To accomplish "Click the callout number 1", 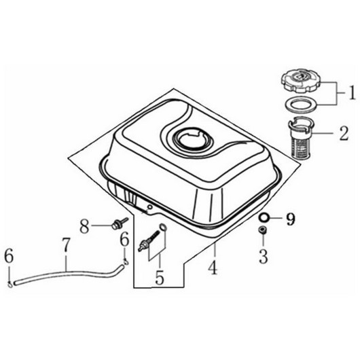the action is tap(353, 92).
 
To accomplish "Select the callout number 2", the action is tap(344, 133).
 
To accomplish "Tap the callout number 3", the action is tap(264, 256).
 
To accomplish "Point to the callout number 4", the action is tap(213, 267).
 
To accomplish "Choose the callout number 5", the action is tap(160, 277).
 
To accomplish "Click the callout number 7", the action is tap(66, 245).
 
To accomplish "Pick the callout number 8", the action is tap(84, 226).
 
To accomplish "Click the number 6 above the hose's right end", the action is tap(125, 240).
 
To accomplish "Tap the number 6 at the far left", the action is tap(9, 256).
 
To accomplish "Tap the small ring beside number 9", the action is tap(264, 217).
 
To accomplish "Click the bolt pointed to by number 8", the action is tap(119, 223).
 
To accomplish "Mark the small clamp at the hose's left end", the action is tap(10, 285).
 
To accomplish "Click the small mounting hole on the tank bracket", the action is tap(149, 207).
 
